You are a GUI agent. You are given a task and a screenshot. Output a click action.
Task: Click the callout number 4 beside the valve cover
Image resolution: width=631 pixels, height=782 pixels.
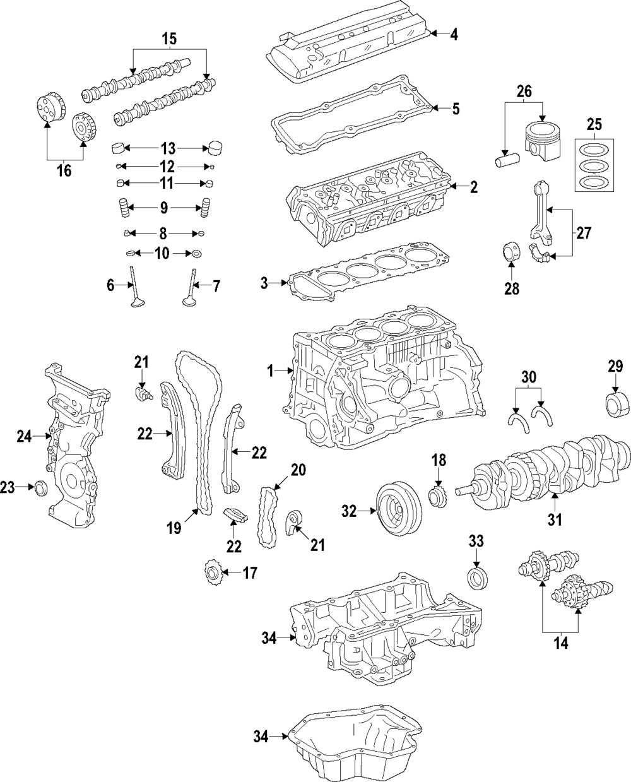tap(453, 34)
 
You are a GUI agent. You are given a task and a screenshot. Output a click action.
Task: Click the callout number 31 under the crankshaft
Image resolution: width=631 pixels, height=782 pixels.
tap(554, 520)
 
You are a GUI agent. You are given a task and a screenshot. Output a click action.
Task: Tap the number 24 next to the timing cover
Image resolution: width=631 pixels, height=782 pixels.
tap(24, 435)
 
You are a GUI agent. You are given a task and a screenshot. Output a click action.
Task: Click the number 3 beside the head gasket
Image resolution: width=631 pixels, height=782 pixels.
tap(264, 284)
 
